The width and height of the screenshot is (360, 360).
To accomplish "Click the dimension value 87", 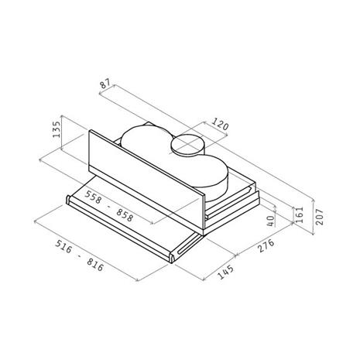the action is [x=105, y=84].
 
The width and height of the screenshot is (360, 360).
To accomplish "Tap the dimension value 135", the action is [x=57, y=129].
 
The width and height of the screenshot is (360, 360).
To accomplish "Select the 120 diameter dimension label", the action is [x=220, y=124].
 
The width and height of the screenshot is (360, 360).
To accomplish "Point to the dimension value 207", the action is [x=320, y=217].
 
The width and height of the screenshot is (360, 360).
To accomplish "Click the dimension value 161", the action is [x=300, y=214].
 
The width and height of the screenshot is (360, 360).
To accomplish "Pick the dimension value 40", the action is [x=271, y=221].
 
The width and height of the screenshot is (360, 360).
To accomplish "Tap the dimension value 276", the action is [x=266, y=245].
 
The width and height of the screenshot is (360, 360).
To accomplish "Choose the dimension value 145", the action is [x=226, y=272].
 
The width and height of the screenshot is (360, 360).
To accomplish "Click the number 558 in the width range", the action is [x=93, y=197].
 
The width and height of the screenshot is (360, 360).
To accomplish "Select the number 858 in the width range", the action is [x=125, y=215].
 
